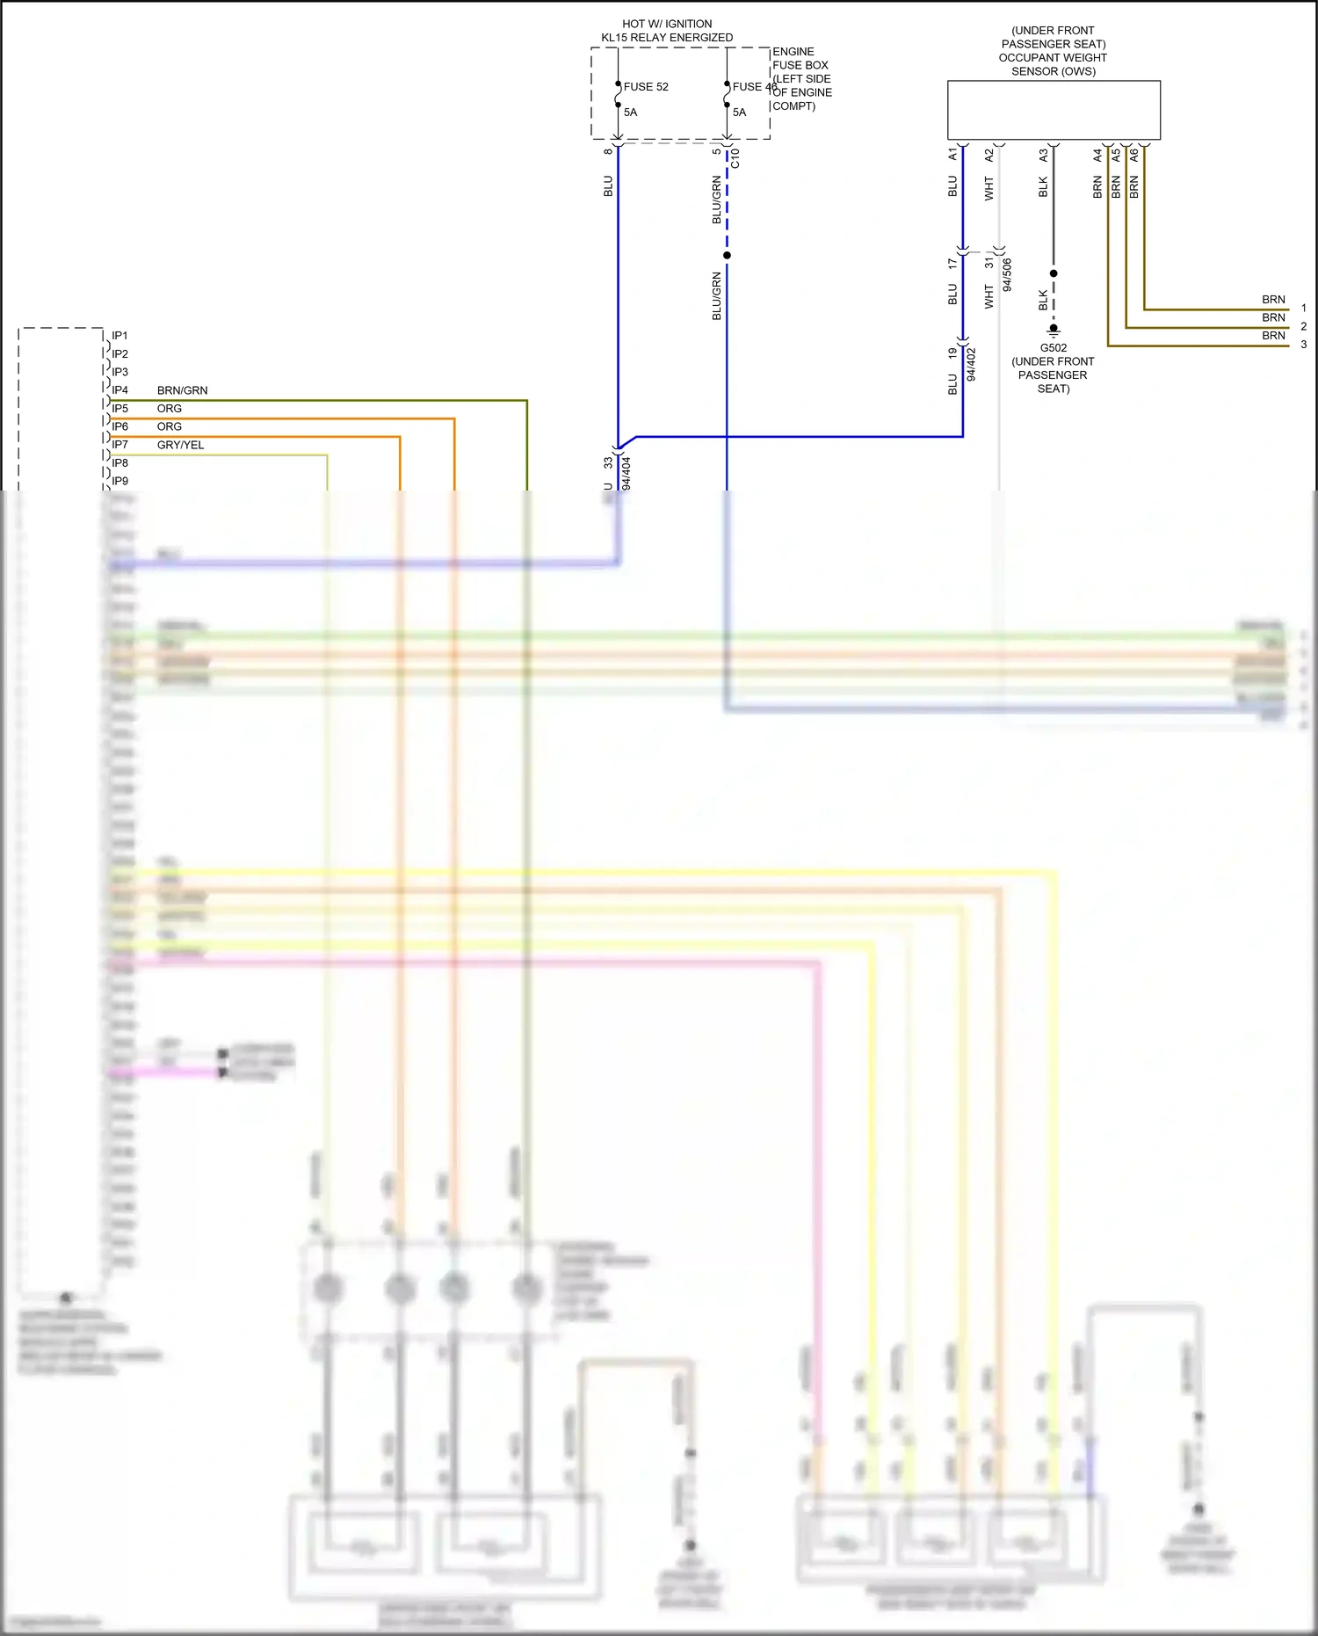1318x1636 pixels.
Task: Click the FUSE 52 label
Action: [646, 87]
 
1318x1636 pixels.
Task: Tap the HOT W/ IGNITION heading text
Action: [667, 24]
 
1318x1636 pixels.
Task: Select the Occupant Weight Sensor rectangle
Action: [1054, 110]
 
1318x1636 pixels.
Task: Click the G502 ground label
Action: [1053, 348]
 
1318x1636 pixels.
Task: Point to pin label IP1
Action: [119, 336]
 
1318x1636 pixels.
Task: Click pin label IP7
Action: [119, 445]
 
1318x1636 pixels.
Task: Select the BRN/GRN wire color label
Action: [182, 390]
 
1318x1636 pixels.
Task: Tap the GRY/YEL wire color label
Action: [180, 445]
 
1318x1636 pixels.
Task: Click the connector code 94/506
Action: [1007, 274]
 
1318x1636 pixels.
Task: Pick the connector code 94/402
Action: [971, 364]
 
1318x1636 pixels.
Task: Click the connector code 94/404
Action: [626, 473]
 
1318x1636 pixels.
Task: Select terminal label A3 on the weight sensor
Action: [1043, 155]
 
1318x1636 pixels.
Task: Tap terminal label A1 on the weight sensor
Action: [952, 155]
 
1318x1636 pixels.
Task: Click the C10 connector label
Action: [735, 158]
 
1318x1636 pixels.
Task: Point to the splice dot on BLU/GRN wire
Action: [727, 256]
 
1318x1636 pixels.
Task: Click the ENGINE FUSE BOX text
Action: [800, 58]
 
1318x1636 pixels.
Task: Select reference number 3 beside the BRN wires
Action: [1303, 345]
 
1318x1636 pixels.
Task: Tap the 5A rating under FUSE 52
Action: [630, 113]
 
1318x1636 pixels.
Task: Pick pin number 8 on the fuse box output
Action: [607, 151]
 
